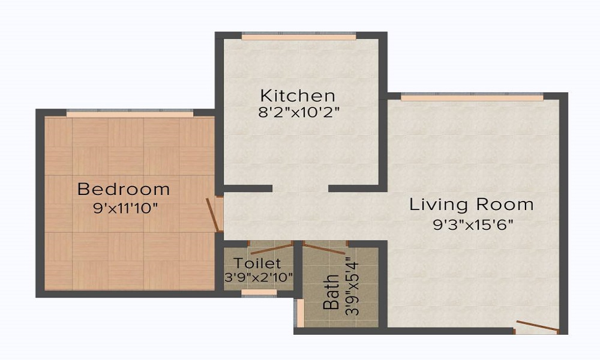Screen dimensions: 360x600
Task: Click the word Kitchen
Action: click(297, 95)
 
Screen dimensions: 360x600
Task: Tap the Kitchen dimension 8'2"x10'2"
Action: click(298, 112)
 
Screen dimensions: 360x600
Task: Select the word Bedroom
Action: click(124, 190)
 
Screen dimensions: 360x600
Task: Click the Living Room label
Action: click(472, 205)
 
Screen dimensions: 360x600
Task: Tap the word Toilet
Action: click(257, 263)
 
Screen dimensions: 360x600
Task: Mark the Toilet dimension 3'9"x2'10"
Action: click(257, 277)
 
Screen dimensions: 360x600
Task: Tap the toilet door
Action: click(271, 246)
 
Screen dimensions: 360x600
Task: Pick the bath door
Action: click(325, 247)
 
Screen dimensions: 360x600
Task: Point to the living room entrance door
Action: click(537, 326)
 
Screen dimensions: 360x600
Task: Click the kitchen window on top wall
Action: click(299, 37)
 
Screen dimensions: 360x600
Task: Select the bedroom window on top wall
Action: click(130, 113)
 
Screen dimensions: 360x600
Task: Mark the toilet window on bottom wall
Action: click(259, 292)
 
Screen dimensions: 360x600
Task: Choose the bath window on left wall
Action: click(299, 312)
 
